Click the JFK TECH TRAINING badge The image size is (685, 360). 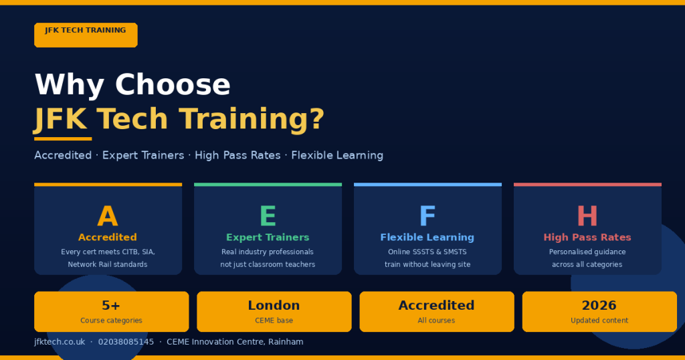(x=86, y=35)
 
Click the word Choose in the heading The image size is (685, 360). (x=173, y=85)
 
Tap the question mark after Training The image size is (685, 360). (x=316, y=119)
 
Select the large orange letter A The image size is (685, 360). (x=108, y=217)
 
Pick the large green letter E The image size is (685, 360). (x=268, y=217)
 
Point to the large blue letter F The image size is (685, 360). (x=427, y=217)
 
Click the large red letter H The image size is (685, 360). (x=587, y=217)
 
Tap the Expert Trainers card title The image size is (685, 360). (x=268, y=238)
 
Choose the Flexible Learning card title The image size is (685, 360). (x=427, y=238)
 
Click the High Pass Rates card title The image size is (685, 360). (x=587, y=238)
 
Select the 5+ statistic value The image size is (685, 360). (x=111, y=306)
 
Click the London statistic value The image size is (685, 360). (x=274, y=306)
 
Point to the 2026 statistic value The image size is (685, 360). (x=599, y=306)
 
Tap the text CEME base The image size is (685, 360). (x=274, y=321)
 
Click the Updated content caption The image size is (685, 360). (x=599, y=321)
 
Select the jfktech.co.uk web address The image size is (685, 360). (x=60, y=342)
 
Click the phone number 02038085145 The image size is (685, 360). (x=126, y=342)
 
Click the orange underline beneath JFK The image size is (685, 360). (x=63, y=139)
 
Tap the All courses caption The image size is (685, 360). (x=436, y=321)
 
